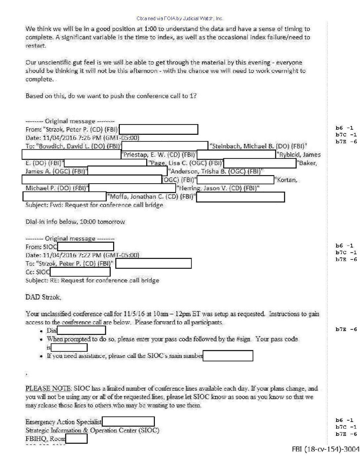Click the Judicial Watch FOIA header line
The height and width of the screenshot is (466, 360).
point(180,19)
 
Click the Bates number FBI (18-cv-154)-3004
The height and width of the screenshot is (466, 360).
point(325,449)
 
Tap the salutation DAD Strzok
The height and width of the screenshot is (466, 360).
point(43,297)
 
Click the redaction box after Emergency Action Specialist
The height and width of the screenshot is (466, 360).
point(128,422)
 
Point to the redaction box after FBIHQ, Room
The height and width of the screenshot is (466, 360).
point(76,439)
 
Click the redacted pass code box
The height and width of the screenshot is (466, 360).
point(69,348)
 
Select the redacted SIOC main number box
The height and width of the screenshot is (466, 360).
point(228,356)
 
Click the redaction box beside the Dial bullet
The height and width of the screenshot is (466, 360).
point(81,330)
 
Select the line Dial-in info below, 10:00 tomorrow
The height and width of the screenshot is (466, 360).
point(75,222)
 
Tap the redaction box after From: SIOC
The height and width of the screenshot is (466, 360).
point(85,247)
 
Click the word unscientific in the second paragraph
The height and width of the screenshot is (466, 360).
point(55,63)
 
